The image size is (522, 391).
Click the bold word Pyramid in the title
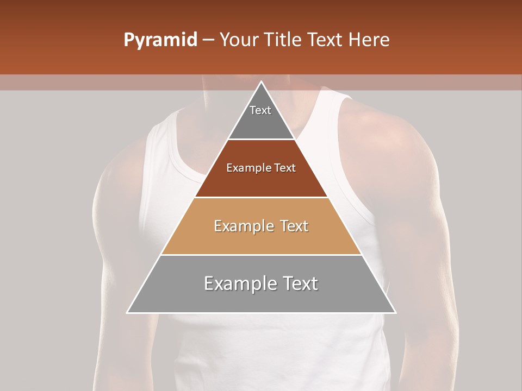[x=160, y=40]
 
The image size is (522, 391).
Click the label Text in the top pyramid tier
[x=260, y=110]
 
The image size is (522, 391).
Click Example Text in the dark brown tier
[x=261, y=168]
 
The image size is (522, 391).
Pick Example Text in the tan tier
[x=261, y=226]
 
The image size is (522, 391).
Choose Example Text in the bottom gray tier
[x=261, y=283]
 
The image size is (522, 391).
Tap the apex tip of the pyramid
[x=261, y=83]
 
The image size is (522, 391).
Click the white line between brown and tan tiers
[x=261, y=197]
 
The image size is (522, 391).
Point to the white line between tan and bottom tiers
[x=261, y=255]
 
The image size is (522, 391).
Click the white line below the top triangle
[x=261, y=140]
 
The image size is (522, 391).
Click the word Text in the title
[x=327, y=40]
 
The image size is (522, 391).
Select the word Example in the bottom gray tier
[x=240, y=283]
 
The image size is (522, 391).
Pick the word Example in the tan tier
[x=243, y=226]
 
